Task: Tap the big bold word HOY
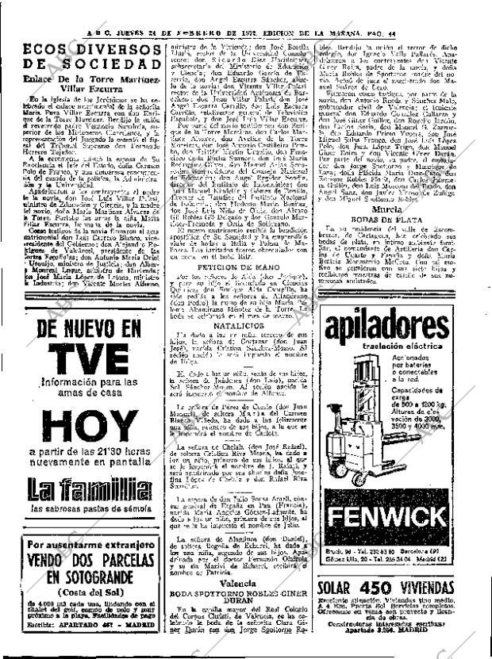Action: [x=79, y=427]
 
